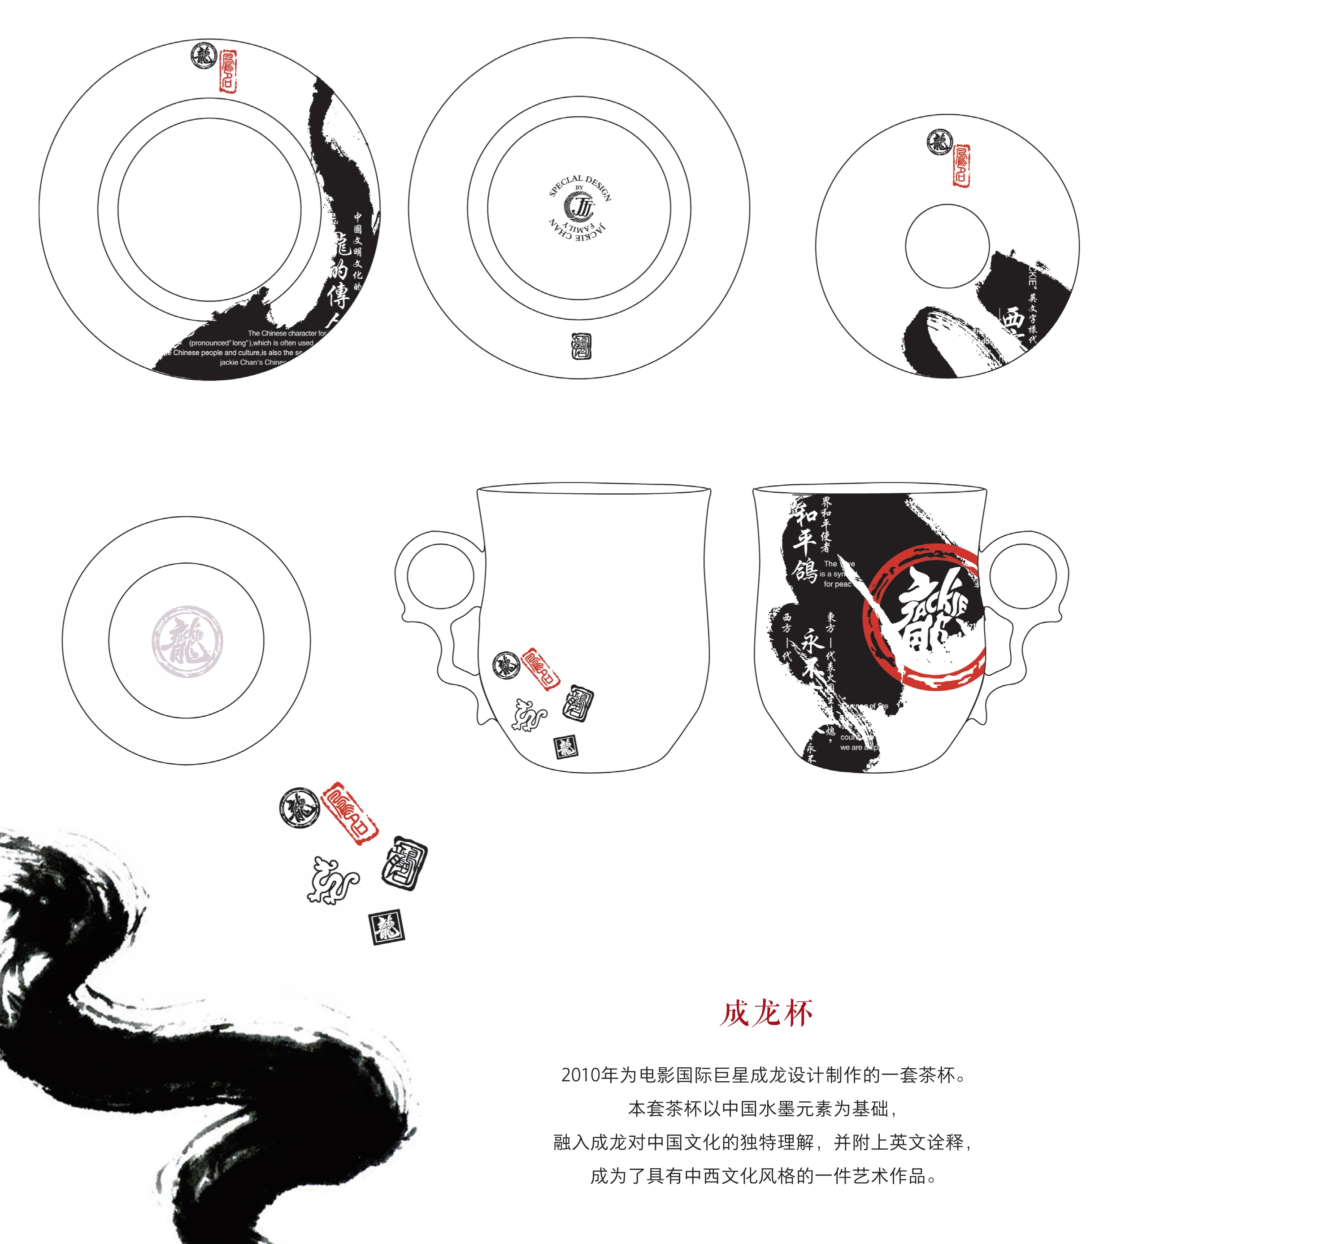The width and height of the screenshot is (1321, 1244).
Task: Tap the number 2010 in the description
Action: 580,1074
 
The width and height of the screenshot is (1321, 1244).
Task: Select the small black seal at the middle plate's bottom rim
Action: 582,346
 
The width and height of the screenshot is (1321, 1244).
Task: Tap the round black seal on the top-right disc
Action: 939,142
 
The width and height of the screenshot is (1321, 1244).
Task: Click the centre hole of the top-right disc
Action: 947,246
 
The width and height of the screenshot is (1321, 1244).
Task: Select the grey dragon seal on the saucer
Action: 187,641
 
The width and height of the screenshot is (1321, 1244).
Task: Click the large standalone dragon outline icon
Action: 333,880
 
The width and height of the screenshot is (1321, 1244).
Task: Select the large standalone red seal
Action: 349,813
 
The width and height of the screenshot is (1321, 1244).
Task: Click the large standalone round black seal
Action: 300,808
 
